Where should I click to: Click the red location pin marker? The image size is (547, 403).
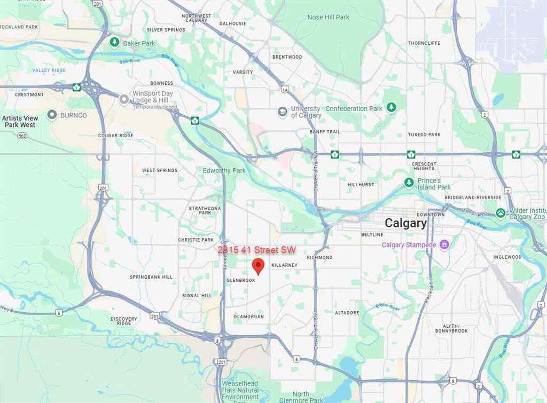coord(259,265)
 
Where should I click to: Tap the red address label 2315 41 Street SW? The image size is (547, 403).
coord(256,250)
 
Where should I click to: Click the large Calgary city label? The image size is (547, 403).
coord(406,223)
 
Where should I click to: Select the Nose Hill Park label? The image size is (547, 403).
coord(328,17)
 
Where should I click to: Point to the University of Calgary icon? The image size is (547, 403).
coord(282,112)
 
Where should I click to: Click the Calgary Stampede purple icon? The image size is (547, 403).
coord(444,245)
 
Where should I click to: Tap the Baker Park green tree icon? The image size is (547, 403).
coord(114,43)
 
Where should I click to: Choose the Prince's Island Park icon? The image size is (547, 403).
coord(409,184)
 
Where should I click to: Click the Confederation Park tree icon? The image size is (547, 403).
coord(392,108)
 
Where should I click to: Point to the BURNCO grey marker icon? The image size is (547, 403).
coord(52,115)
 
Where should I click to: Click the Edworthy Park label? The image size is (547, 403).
coord(224,171)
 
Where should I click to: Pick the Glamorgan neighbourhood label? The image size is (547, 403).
coord(248,317)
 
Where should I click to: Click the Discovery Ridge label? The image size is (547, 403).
coord(124,321)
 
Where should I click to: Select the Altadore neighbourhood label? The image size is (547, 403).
coord(347,312)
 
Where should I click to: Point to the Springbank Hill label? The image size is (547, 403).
coord(151,277)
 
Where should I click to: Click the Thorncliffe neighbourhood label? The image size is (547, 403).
coord(424,43)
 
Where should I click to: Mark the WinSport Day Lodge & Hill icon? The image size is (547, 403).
coord(124,99)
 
